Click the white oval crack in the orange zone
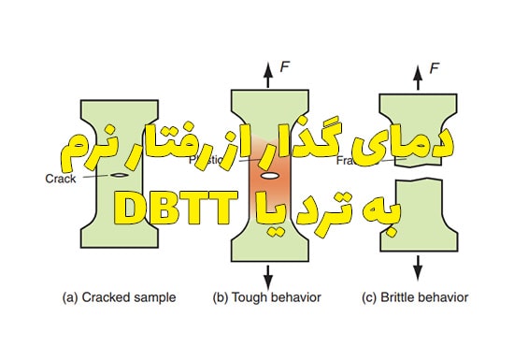point(269,176)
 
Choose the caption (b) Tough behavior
point(269,298)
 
